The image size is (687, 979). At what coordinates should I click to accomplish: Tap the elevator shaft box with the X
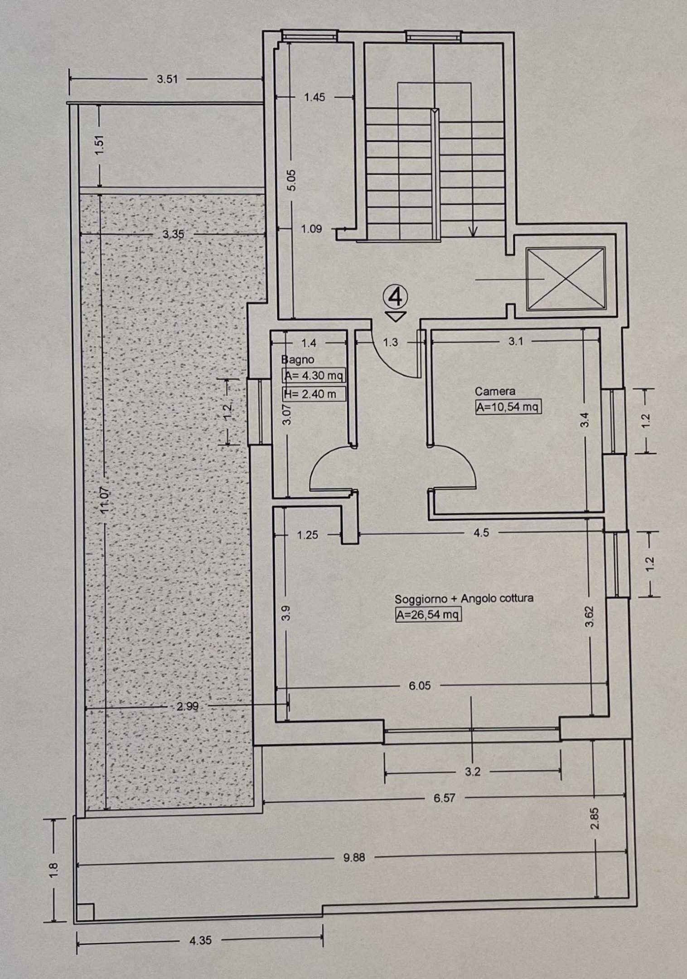pyautogui.click(x=566, y=279)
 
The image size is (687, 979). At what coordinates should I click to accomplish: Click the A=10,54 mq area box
pyautogui.click(x=508, y=407)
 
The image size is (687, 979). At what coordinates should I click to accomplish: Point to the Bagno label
pyautogui.click(x=298, y=360)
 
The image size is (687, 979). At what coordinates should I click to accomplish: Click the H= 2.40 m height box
pyautogui.click(x=313, y=394)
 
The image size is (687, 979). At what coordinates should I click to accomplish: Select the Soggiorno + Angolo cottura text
pyautogui.click(x=464, y=598)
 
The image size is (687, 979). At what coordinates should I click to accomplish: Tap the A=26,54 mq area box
pyautogui.click(x=428, y=615)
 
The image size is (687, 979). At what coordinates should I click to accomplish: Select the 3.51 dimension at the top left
pyautogui.click(x=167, y=79)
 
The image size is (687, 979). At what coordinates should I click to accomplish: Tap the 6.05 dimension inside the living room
pyautogui.click(x=420, y=686)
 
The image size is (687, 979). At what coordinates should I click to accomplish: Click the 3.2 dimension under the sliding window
pyautogui.click(x=472, y=772)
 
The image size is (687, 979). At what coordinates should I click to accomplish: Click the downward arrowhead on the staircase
pyautogui.click(x=473, y=233)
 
